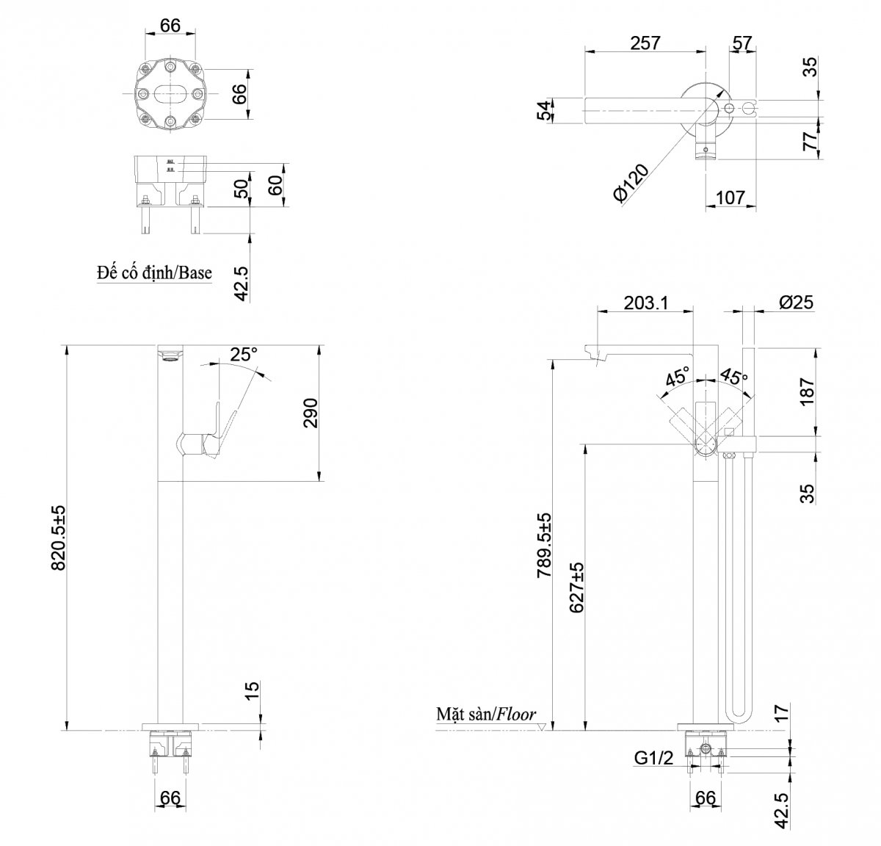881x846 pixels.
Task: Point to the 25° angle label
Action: tap(243, 354)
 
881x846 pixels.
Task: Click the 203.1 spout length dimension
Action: tap(645, 303)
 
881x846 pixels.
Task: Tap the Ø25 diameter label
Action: tap(795, 303)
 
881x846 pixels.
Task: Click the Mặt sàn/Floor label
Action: tap(485, 714)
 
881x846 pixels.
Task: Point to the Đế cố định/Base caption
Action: tap(154, 273)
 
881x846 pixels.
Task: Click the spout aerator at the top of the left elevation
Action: tap(169, 357)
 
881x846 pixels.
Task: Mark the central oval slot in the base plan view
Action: tap(171, 94)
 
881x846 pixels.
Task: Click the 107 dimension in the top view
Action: tap(730, 198)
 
